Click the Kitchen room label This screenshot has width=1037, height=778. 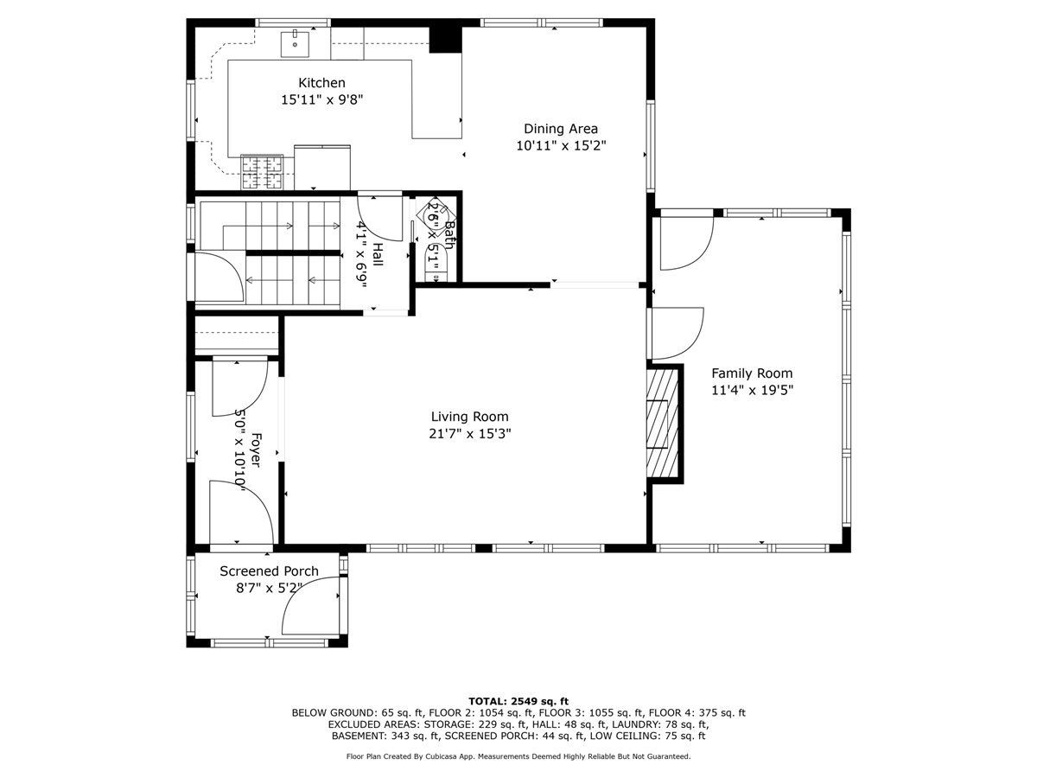pyautogui.click(x=321, y=83)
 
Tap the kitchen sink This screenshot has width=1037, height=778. pyautogui.click(x=295, y=44)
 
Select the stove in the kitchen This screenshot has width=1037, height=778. pyautogui.click(x=262, y=172)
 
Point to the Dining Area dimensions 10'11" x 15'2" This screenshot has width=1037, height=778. pyautogui.click(x=560, y=145)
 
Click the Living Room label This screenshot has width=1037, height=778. pyautogui.click(x=469, y=416)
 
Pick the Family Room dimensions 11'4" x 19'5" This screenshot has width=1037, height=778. pyautogui.click(x=752, y=390)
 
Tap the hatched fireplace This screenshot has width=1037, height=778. pyautogui.click(x=662, y=424)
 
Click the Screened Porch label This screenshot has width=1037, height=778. pyautogui.click(x=269, y=571)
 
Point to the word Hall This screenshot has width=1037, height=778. pyautogui.click(x=378, y=254)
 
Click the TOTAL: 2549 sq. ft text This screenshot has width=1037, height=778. pyautogui.click(x=518, y=701)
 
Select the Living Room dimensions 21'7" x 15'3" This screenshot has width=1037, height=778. pyautogui.click(x=469, y=434)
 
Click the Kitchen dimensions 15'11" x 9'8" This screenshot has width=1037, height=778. pyautogui.click(x=321, y=100)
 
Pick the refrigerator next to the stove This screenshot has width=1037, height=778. pyautogui.click(x=322, y=167)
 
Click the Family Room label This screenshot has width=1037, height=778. pyautogui.click(x=752, y=373)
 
